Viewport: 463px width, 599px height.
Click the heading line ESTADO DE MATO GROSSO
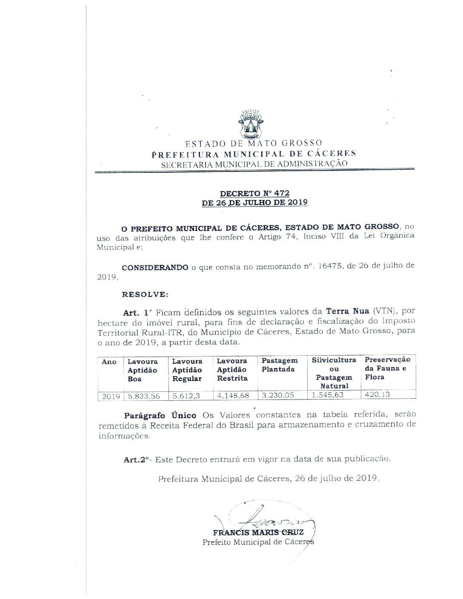point(254,143)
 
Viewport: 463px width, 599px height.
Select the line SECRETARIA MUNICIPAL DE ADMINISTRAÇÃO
point(254,163)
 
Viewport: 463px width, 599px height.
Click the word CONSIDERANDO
point(155,267)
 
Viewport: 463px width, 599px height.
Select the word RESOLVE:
point(145,294)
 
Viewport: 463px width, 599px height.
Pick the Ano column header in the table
point(109,362)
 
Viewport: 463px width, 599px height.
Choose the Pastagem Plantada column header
point(280,365)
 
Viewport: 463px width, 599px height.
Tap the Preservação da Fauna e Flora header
point(387,368)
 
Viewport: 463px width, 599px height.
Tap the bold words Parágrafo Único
point(160,415)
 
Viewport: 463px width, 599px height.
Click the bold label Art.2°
point(137,459)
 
